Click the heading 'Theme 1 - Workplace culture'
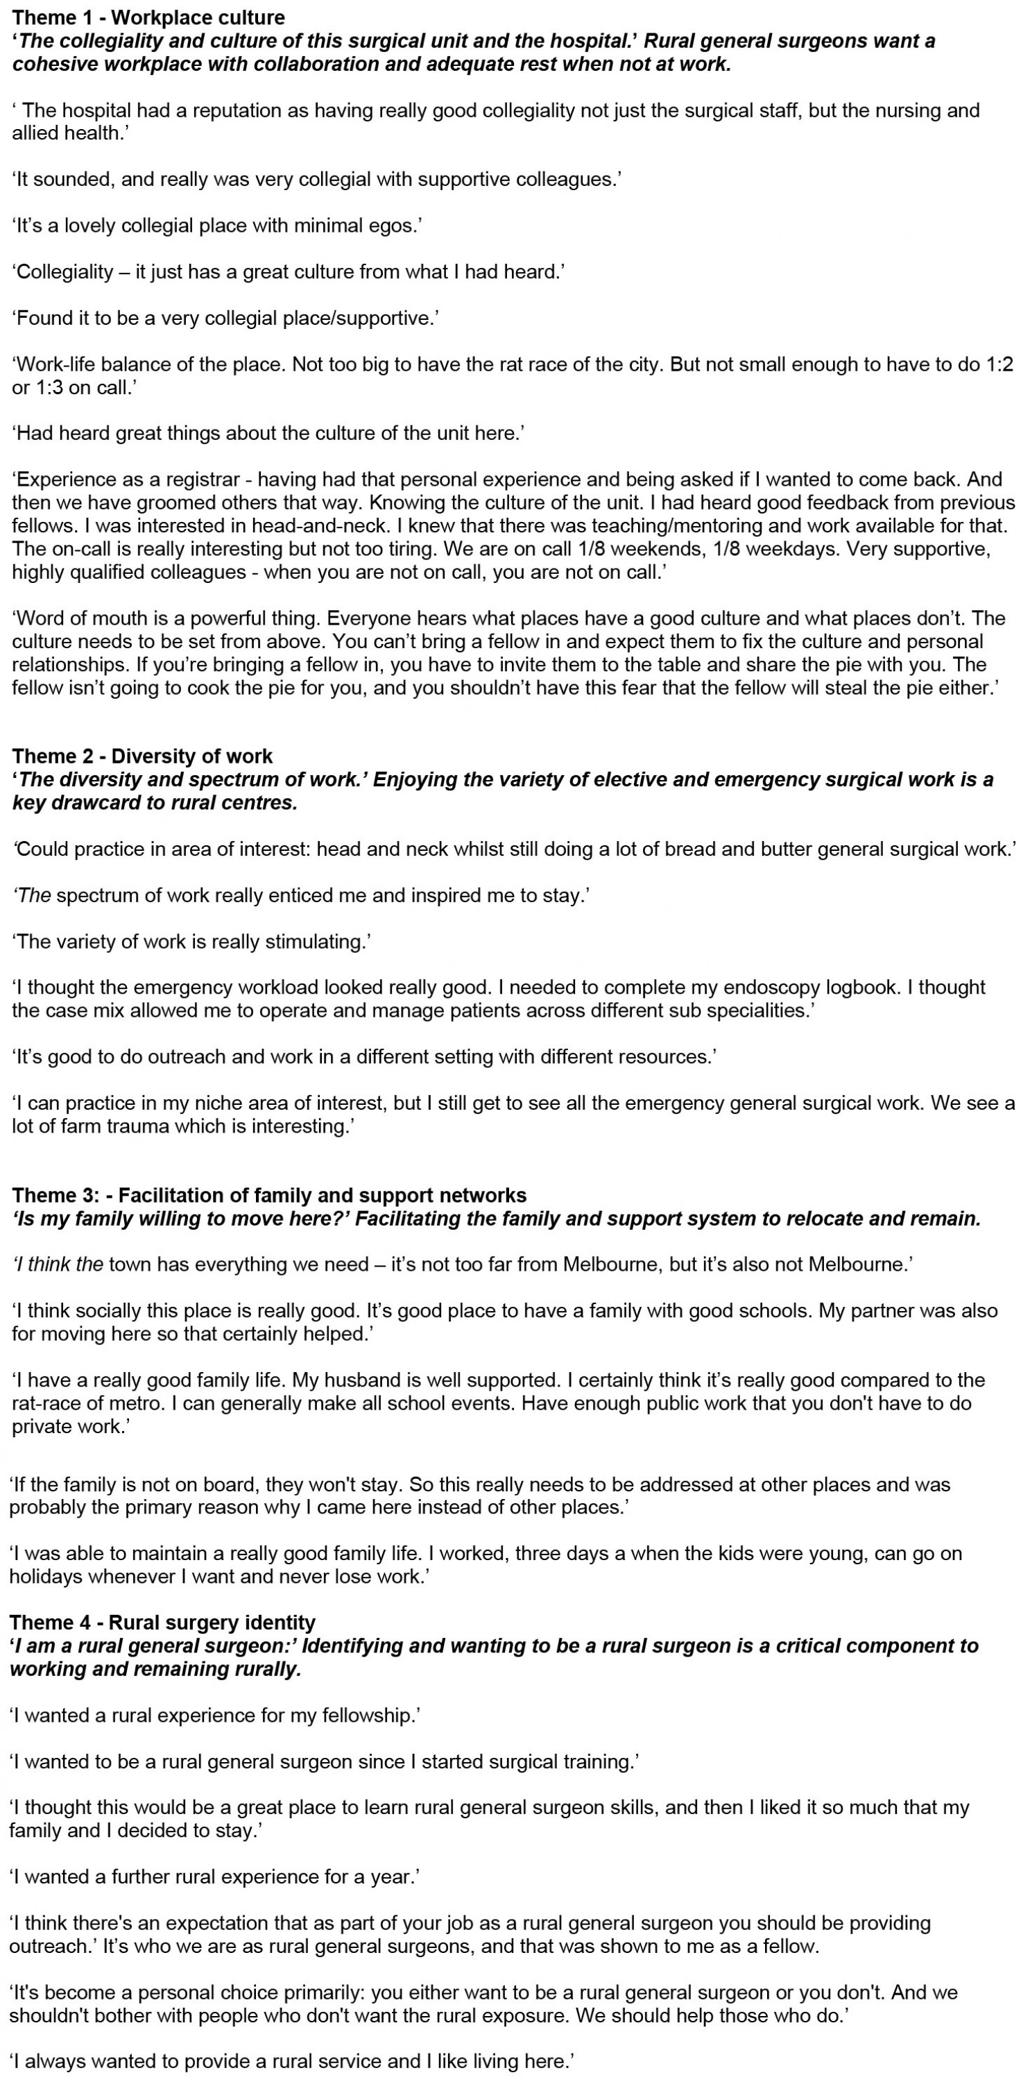pyautogui.click(x=148, y=17)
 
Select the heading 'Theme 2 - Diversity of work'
pyautogui.click(x=142, y=756)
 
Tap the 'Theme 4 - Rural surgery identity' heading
pyautogui.click(x=162, y=1622)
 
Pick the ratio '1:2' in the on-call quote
pyautogui.click(x=996, y=364)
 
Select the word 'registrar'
pyautogui.click(x=200, y=480)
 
